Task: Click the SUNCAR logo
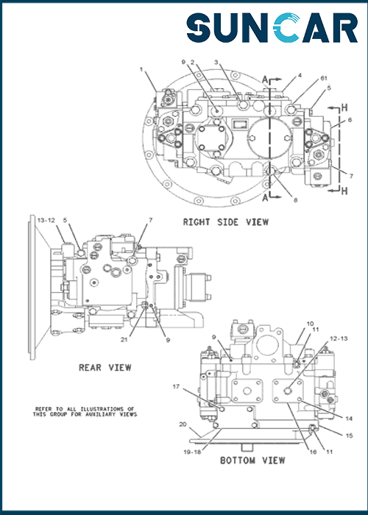(x=272, y=28)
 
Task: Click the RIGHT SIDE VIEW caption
(x=226, y=222)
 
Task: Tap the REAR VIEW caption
(x=105, y=368)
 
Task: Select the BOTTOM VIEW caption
(x=252, y=461)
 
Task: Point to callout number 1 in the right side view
(x=141, y=69)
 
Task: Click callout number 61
(x=324, y=78)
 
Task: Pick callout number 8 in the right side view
(x=295, y=200)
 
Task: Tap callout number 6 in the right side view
(x=350, y=120)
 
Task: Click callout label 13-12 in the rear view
(x=46, y=221)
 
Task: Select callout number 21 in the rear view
(x=124, y=340)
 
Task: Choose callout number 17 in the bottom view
(x=176, y=386)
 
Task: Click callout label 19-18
(x=192, y=452)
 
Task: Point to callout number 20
(x=183, y=425)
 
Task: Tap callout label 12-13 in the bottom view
(x=339, y=338)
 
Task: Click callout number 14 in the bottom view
(x=349, y=419)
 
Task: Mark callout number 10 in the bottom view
(x=310, y=324)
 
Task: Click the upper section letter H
(x=344, y=107)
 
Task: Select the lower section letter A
(x=266, y=198)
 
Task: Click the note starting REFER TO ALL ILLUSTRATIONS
(x=85, y=411)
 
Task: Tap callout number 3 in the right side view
(x=216, y=62)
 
